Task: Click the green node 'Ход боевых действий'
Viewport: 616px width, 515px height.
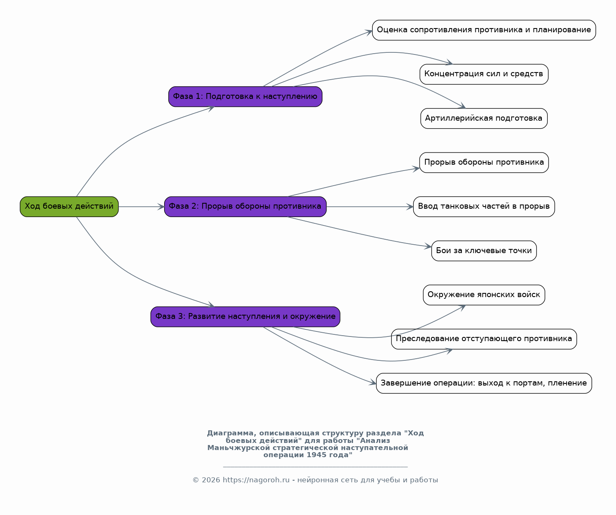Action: (x=69, y=207)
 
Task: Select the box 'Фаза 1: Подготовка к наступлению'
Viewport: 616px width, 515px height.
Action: (x=245, y=96)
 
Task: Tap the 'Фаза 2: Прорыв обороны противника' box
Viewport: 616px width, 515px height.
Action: (x=245, y=207)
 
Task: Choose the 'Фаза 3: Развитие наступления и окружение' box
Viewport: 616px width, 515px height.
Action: (x=245, y=316)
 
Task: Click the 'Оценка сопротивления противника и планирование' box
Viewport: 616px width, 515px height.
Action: (x=484, y=30)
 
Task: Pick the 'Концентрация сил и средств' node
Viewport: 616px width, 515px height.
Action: (x=484, y=74)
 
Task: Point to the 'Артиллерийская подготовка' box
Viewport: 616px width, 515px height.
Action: (x=484, y=119)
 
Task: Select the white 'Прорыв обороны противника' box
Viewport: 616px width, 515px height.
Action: (x=484, y=163)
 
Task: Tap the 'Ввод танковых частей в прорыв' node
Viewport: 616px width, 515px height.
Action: (x=484, y=207)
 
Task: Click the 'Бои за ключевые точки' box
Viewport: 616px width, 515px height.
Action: (x=484, y=251)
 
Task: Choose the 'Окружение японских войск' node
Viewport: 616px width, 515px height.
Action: (x=484, y=295)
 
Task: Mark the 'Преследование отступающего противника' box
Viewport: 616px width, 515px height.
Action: (x=484, y=339)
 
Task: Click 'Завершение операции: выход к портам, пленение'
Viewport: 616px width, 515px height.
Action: (x=484, y=383)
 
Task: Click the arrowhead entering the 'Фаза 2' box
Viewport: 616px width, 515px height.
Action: (x=161, y=207)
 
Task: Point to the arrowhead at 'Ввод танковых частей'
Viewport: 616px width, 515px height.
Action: (x=410, y=207)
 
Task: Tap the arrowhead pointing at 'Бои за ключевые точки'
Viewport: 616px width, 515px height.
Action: (x=428, y=246)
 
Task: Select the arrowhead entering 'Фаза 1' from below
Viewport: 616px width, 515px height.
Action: (x=211, y=109)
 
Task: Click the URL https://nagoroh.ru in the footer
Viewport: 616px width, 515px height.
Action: (x=256, y=480)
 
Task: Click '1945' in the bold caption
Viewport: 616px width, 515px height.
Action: (x=315, y=455)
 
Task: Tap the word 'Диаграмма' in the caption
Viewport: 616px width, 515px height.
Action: (x=230, y=433)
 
